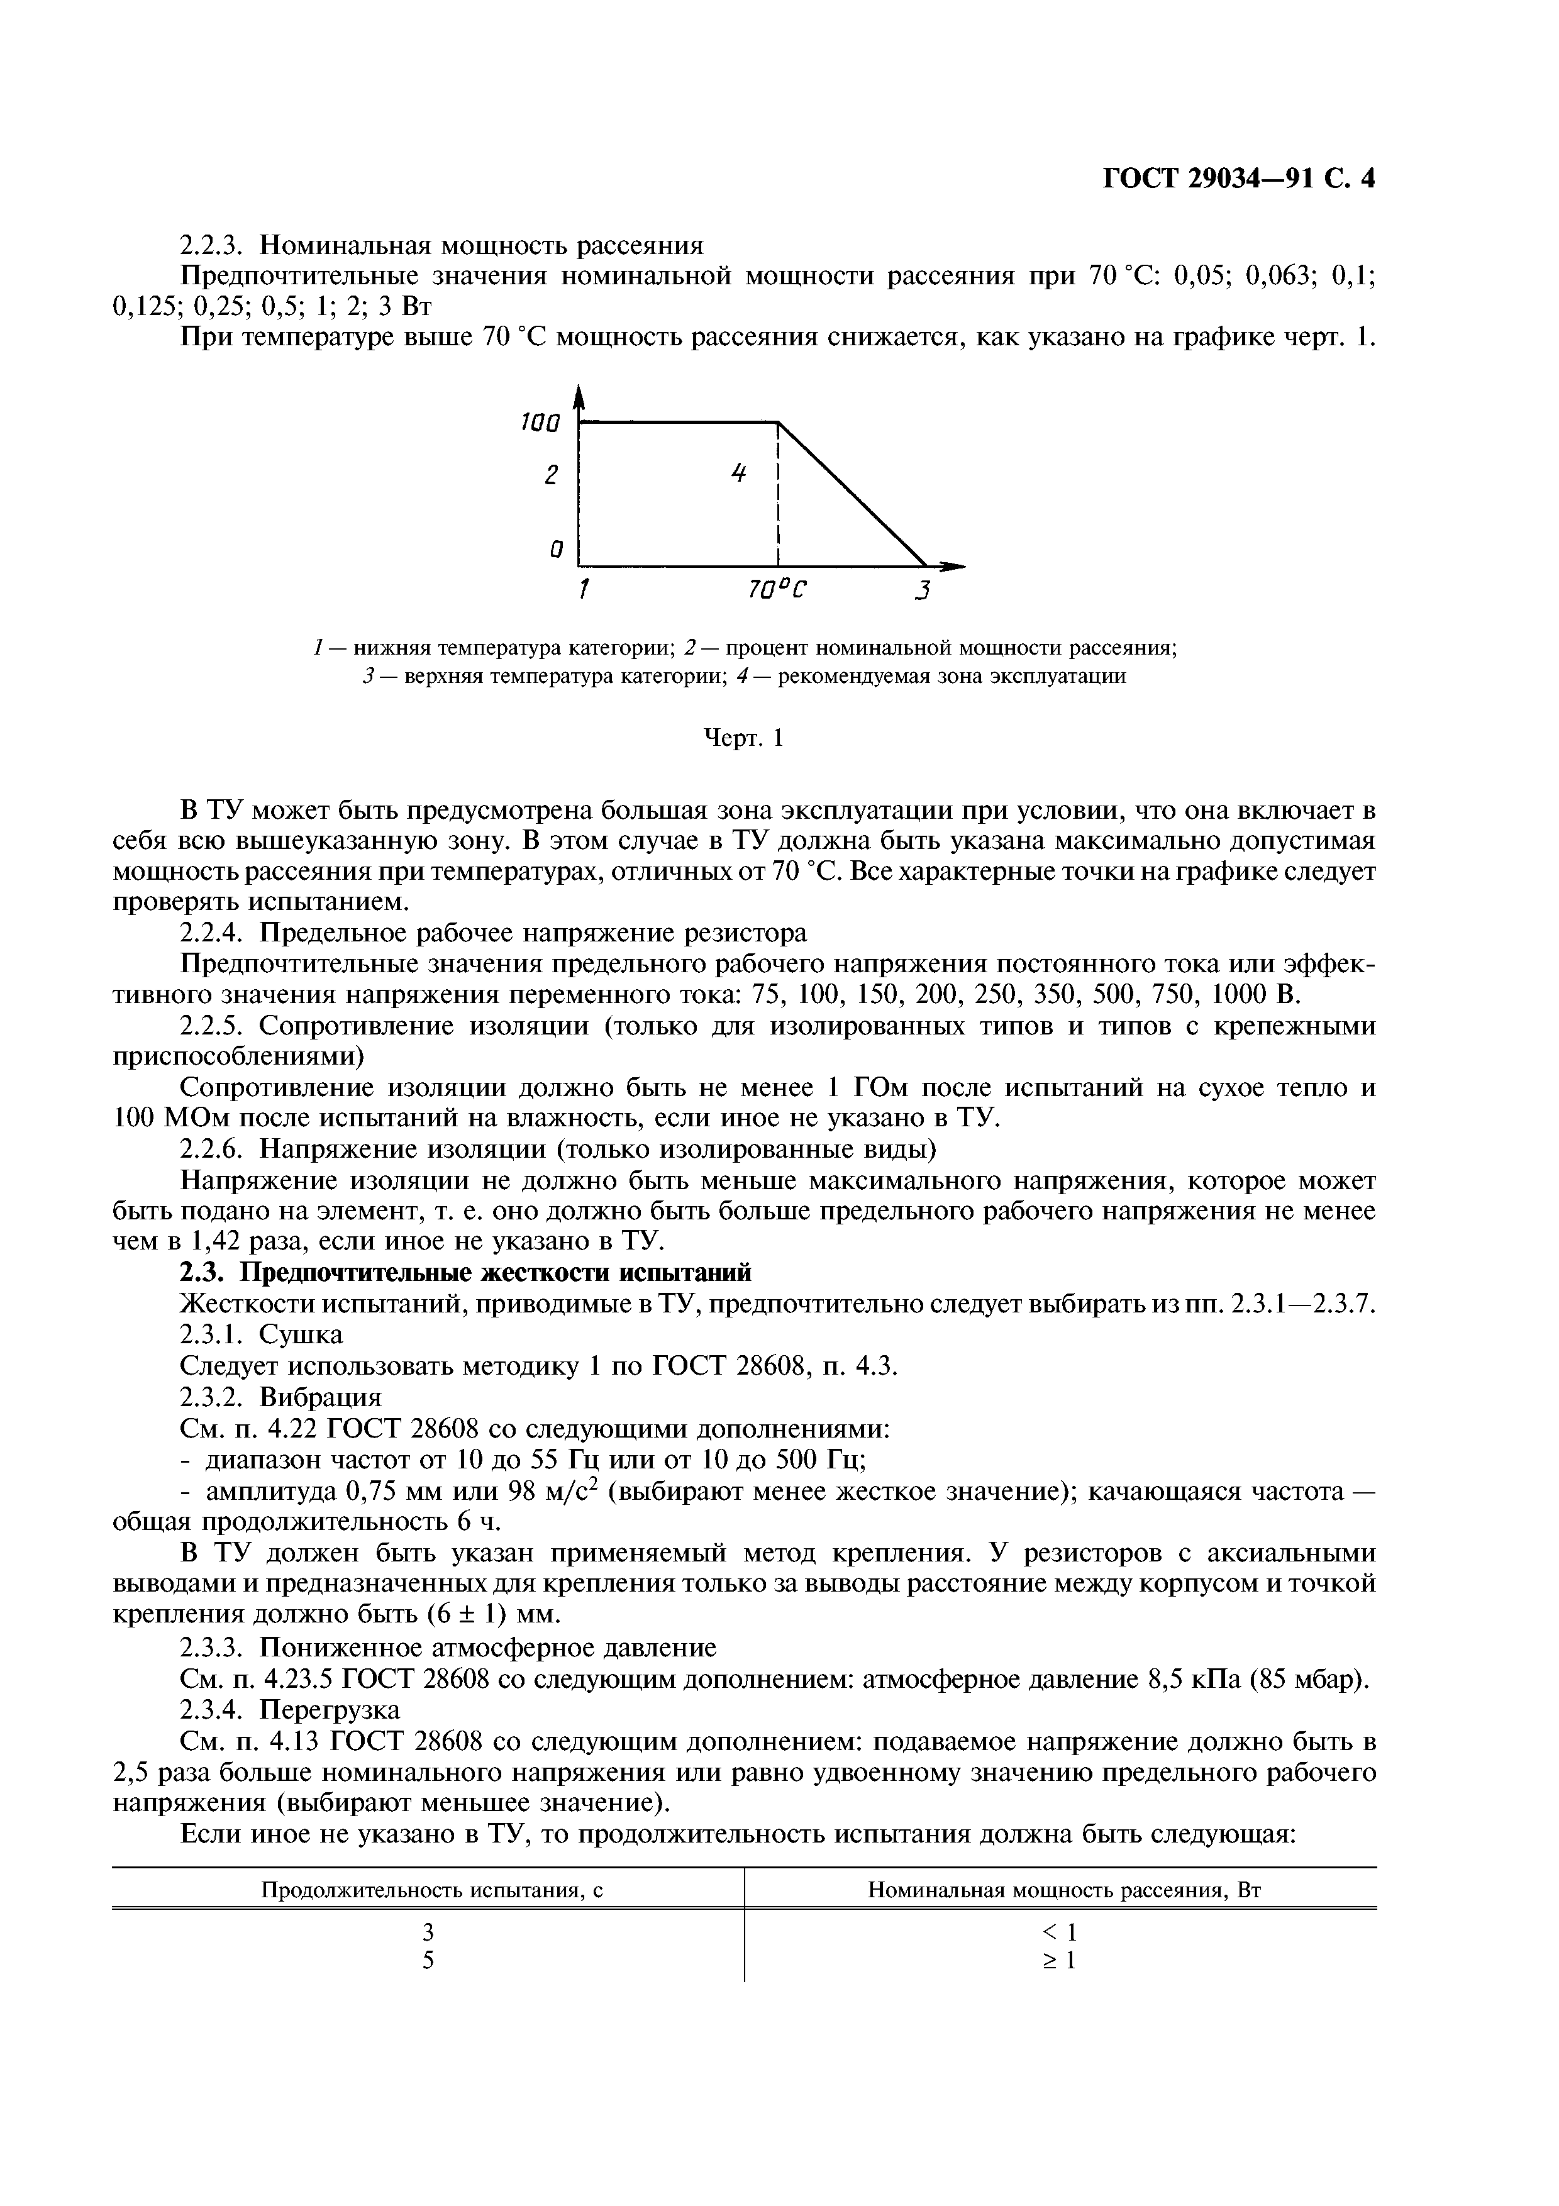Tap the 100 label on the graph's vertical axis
539,423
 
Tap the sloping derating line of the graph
850,492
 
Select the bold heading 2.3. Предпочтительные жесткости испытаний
466,1273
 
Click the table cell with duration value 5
428,1961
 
